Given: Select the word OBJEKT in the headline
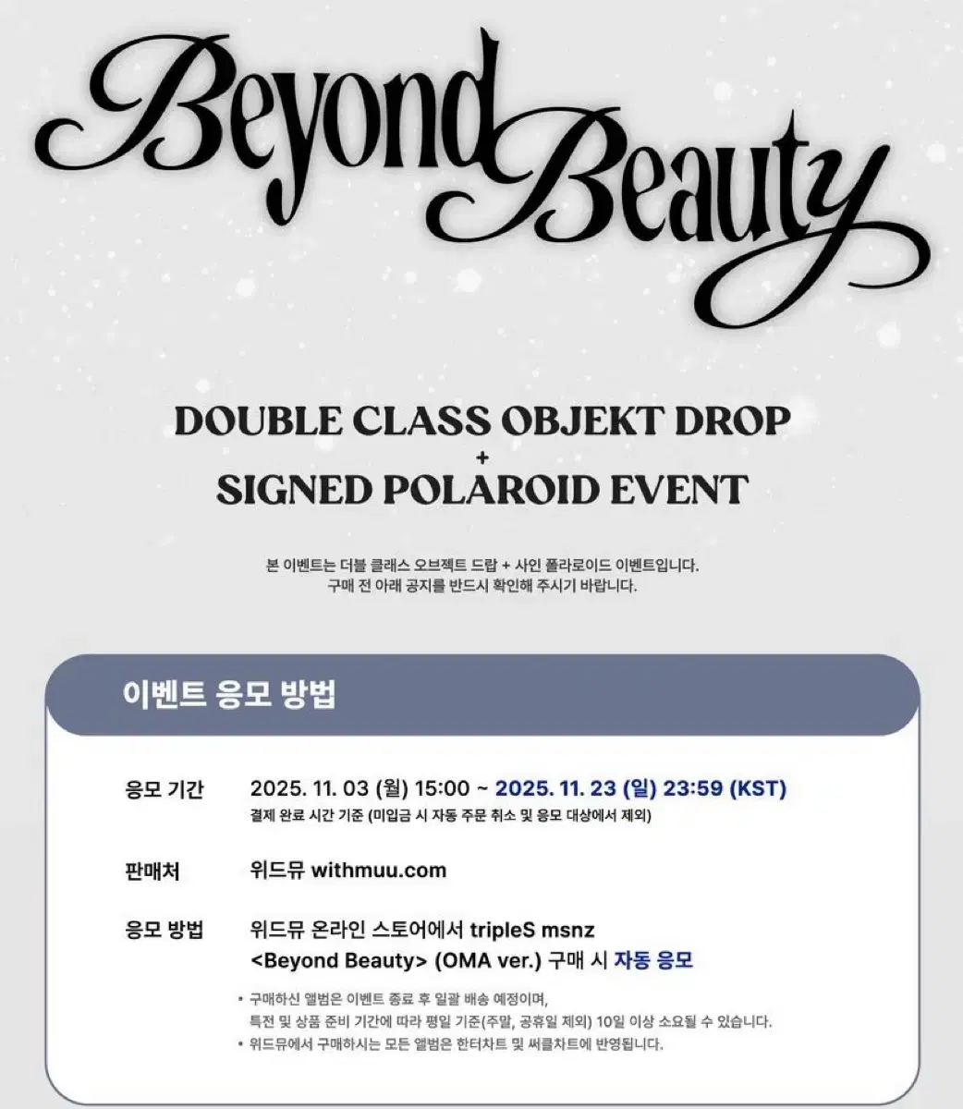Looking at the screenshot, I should (x=558, y=421).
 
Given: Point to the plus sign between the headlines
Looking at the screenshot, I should (x=481, y=456).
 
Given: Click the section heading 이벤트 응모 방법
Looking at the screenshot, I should (x=228, y=695).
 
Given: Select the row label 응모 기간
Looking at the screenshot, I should (x=164, y=789).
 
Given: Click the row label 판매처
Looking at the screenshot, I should (x=152, y=870).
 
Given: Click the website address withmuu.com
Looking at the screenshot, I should (x=379, y=870).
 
